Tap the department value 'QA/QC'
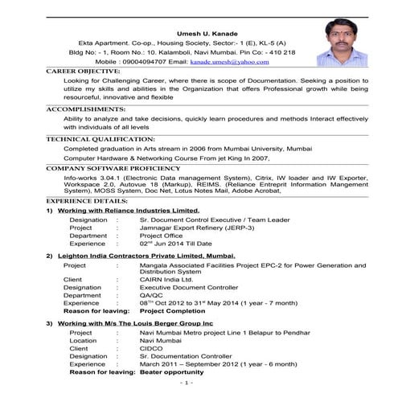pos(151,294)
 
